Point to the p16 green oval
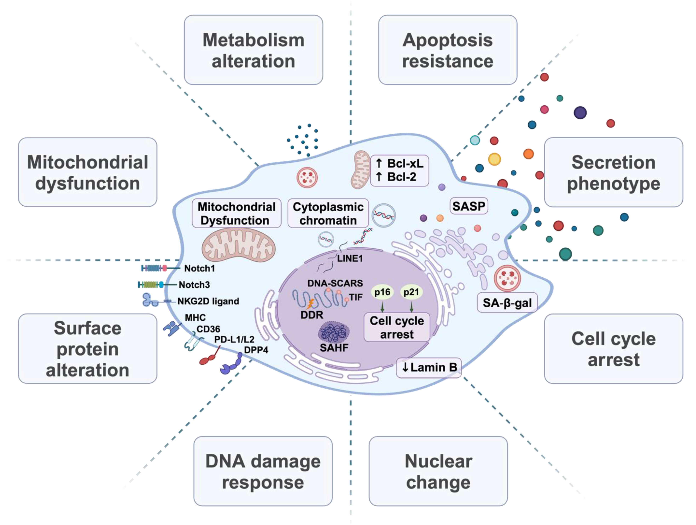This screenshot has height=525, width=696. click(382, 292)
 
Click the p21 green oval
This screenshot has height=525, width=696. click(411, 292)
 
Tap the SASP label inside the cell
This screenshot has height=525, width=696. click(468, 206)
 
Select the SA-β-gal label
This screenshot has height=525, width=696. click(507, 303)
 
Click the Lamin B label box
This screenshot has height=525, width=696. click(429, 367)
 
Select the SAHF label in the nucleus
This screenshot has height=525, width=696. click(334, 348)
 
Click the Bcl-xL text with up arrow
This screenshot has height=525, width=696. click(400, 163)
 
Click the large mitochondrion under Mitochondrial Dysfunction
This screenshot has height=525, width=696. click(238, 246)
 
